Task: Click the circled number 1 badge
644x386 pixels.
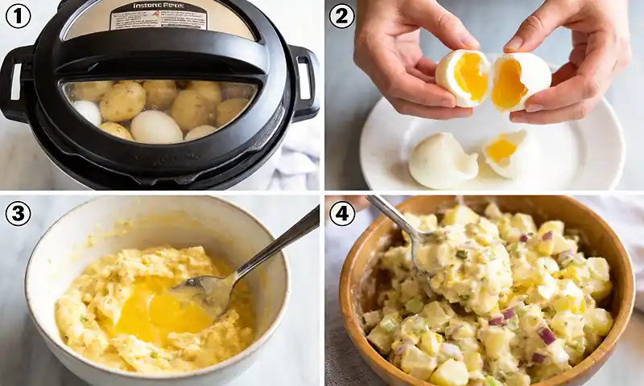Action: [18, 15]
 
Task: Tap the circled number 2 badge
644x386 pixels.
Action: [341, 15]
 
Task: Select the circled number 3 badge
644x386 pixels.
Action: [18, 213]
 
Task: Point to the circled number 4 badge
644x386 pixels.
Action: [341, 213]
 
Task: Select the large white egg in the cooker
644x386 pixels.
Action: [156, 126]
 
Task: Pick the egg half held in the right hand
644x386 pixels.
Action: [519, 82]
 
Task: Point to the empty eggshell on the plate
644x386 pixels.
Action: [441, 161]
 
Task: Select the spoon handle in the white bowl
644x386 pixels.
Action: [278, 241]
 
